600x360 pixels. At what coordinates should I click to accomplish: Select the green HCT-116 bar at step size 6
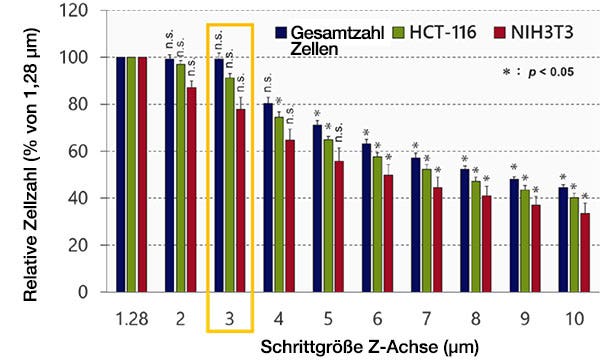[x=377, y=224]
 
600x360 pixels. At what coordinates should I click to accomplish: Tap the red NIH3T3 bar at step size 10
[x=585, y=253]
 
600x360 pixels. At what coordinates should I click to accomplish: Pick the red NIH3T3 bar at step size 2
[x=191, y=190]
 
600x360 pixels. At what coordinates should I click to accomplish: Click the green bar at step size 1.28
[x=131, y=175]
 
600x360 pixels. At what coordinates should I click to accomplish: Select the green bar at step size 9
[x=525, y=241]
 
